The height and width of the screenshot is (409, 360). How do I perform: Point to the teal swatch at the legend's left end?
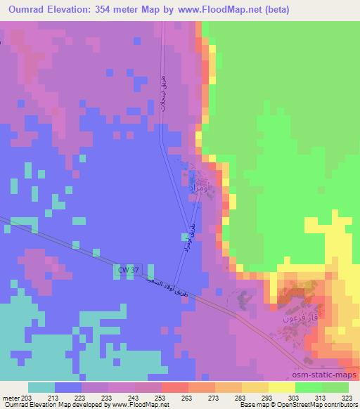tap(41, 387)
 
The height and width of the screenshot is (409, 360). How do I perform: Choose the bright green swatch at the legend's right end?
tap(335, 387)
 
